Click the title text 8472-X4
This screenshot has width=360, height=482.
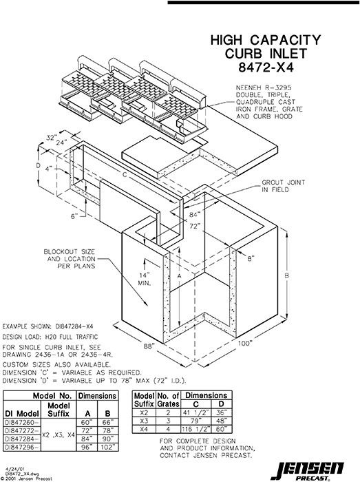coord(265,68)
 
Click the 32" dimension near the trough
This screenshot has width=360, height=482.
coord(50,137)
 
